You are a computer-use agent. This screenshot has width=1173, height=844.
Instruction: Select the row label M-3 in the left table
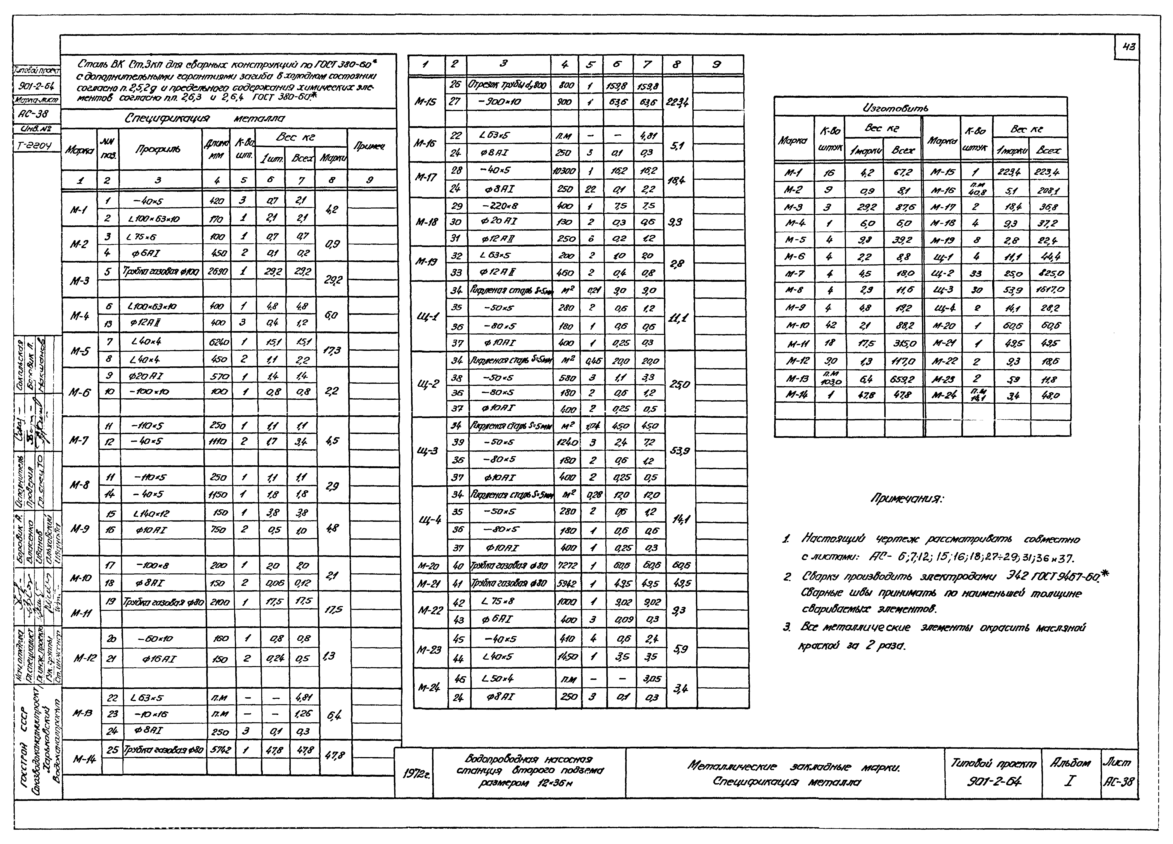80,280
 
